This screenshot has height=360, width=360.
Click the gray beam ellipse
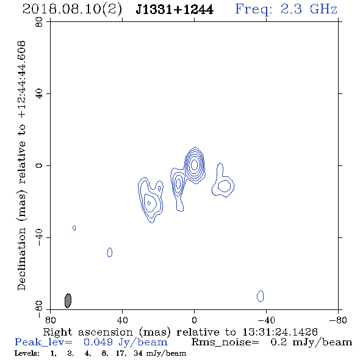coord(68,301)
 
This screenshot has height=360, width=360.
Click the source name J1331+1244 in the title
coord(175,10)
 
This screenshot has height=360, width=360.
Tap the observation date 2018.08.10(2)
coord(73,10)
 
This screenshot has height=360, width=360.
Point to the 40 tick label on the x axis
coord(122,320)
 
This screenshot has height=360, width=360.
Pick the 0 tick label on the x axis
coord(194,320)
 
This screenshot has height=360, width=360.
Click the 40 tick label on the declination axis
coord(39,94)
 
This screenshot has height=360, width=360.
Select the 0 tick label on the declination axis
coord(39,165)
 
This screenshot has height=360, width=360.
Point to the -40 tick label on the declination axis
coord(39,237)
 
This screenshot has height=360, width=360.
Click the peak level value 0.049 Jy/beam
coord(126,342)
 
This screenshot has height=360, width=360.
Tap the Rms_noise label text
coord(225,342)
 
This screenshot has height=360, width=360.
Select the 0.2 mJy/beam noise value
coord(311,342)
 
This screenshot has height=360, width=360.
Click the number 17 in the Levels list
coord(121,353)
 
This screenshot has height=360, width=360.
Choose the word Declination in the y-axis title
coord(21,259)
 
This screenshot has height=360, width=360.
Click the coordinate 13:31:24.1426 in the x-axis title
coord(280,332)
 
